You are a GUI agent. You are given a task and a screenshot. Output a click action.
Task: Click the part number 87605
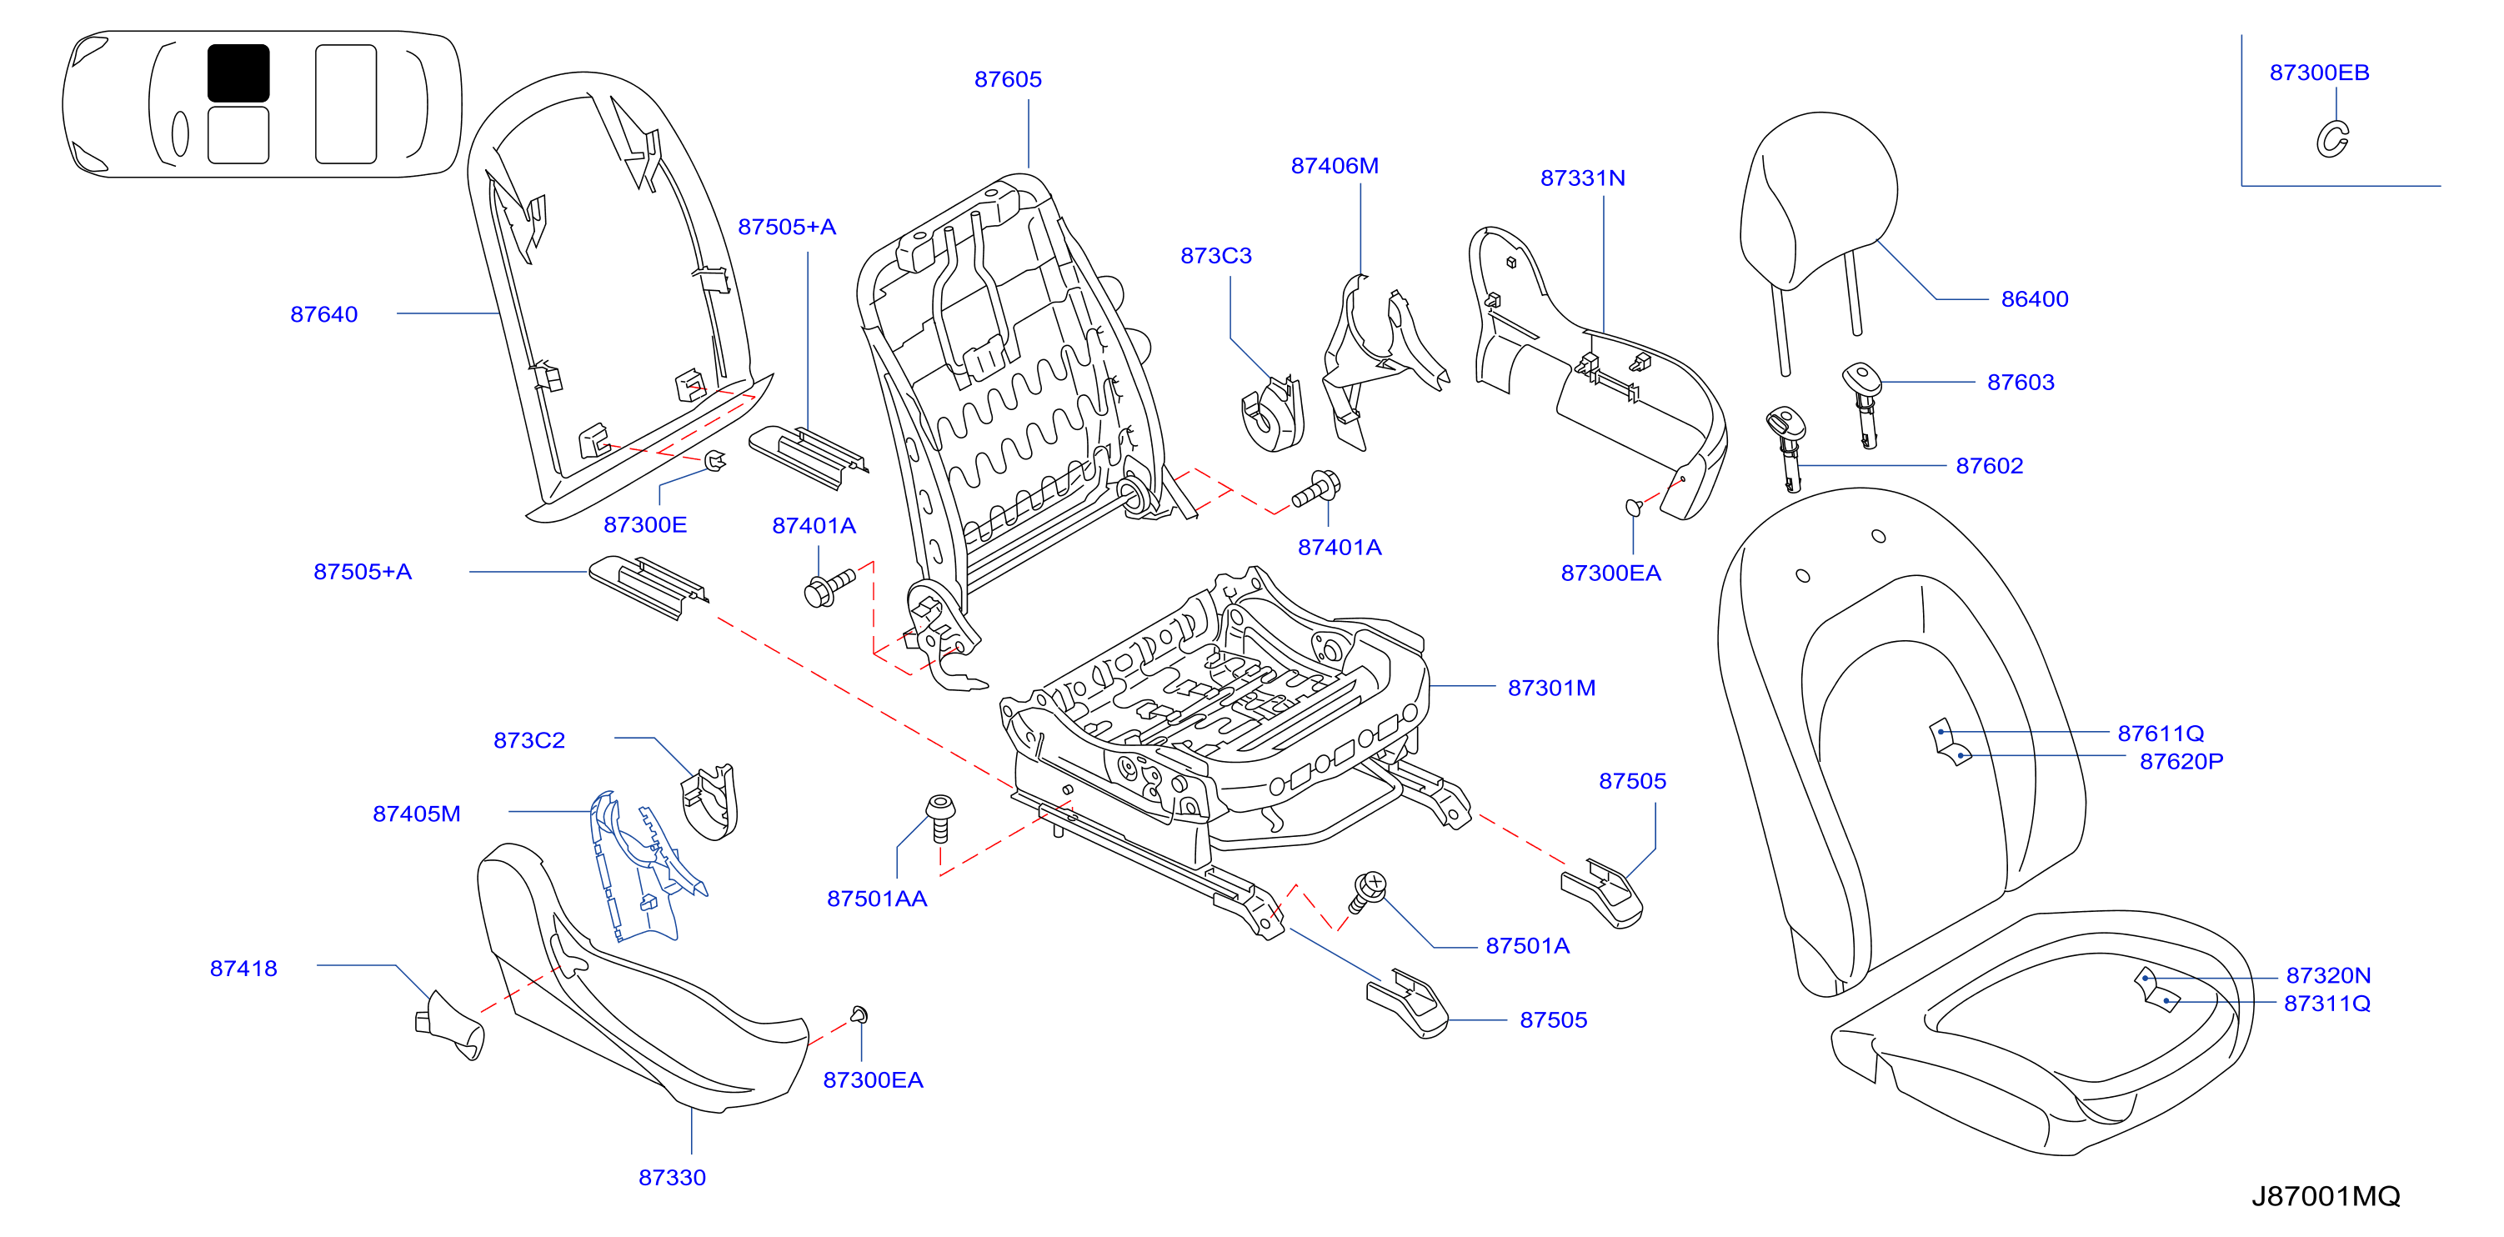1008,80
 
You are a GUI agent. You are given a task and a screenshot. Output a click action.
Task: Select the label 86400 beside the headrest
2035,299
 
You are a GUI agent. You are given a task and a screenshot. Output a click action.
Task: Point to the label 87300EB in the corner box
2319,73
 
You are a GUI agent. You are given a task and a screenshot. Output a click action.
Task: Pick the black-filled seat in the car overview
238,73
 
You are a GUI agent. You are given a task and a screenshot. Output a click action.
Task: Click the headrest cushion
1818,199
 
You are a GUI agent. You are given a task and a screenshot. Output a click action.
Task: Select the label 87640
323,315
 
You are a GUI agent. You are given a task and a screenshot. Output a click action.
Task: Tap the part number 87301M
1551,688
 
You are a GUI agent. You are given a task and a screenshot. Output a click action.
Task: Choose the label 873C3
1216,256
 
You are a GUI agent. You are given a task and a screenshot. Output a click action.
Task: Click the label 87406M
1335,166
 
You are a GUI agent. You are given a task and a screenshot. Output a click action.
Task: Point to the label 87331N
1582,178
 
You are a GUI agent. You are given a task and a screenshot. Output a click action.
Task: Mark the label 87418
244,969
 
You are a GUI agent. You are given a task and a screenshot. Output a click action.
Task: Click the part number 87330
672,1178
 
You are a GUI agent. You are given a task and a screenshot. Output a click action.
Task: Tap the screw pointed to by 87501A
1368,892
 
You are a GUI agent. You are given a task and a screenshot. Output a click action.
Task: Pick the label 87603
2021,383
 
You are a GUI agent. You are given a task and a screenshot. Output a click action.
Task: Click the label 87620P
2181,762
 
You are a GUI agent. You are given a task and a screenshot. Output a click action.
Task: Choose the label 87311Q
2327,1004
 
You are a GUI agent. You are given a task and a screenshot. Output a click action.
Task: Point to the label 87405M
417,814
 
